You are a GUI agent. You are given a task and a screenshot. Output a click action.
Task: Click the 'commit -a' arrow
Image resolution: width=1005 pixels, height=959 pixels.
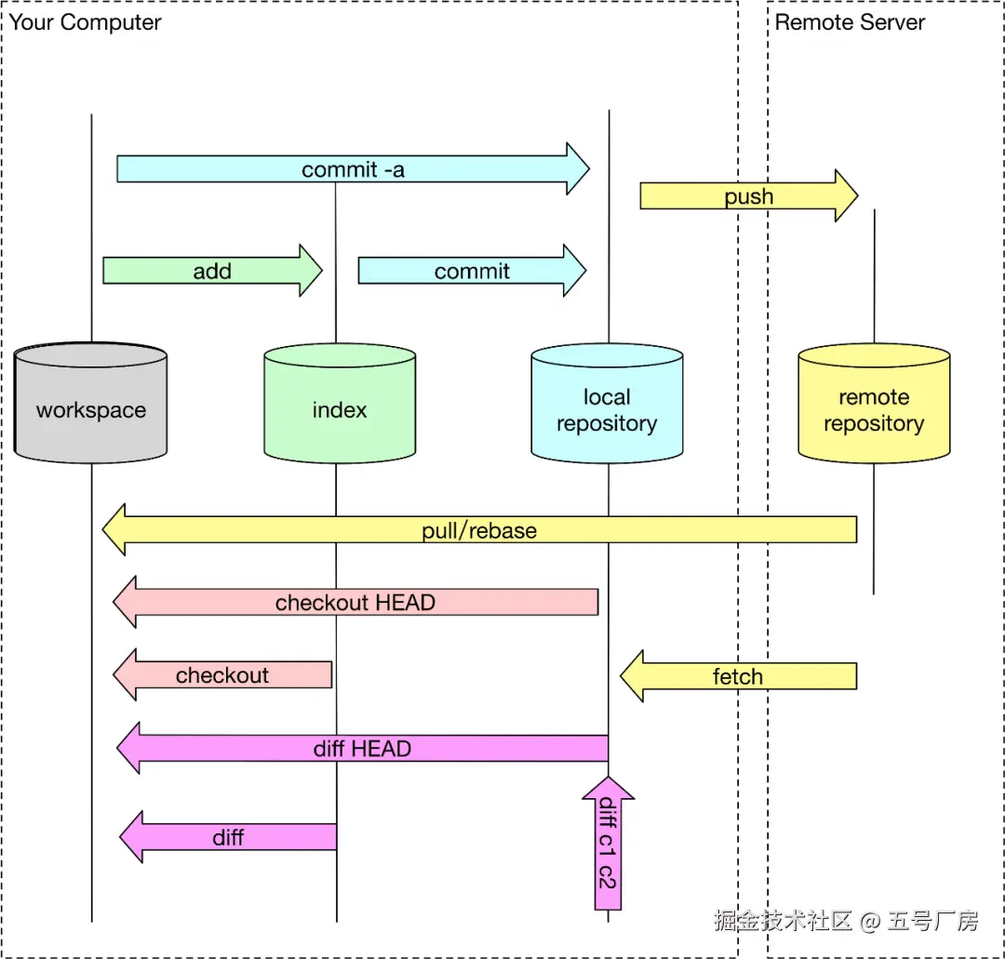[x=353, y=169]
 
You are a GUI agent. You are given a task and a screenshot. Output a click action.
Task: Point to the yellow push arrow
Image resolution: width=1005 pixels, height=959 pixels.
[x=748, y=196]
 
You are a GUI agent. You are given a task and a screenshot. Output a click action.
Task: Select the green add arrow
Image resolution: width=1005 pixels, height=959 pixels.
[x=212, y=271]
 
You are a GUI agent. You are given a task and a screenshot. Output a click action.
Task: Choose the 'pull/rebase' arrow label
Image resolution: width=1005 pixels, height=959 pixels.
[x=479, y=531]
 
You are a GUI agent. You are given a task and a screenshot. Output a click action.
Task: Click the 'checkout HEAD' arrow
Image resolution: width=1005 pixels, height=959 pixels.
[x=355, y=602]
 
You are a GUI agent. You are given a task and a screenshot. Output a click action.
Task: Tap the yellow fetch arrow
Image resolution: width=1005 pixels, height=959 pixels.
[x=738, y=676]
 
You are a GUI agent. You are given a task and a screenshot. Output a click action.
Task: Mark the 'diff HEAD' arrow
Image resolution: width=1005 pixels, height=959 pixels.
[x=362, y=748]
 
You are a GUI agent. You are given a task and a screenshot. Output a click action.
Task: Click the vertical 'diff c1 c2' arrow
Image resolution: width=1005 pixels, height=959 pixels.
[x=608, y=842]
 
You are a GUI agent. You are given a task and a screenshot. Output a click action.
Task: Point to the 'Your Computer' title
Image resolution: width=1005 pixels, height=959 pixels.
[x=86, y=22]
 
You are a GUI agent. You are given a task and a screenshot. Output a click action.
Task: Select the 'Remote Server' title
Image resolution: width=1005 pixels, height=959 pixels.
[x=850, y=22]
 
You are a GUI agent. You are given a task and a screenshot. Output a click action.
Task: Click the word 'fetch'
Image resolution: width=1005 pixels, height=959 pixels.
[x=738, y=676]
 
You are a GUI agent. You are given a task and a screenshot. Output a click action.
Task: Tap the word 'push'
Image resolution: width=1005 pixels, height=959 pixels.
[x=748, y=196]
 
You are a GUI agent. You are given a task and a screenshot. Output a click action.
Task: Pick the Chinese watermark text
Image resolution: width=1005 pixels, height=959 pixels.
[x=846, y=921]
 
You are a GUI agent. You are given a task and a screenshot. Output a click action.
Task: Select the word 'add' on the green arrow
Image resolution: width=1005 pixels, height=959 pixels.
[x=212, y=271]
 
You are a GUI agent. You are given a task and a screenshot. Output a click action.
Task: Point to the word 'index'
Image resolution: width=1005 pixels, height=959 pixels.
[x=340, y=410]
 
